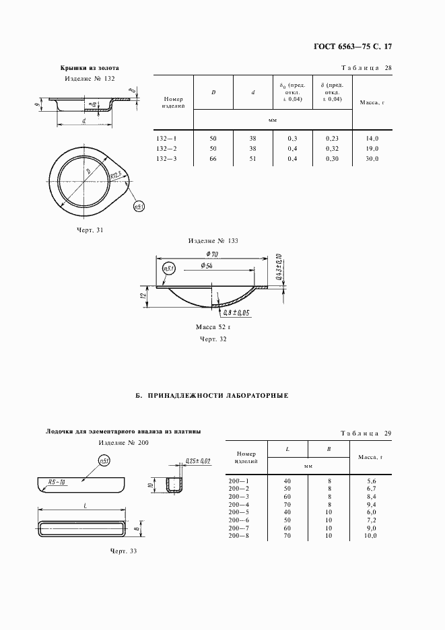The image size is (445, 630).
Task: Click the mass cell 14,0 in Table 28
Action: (372, 138)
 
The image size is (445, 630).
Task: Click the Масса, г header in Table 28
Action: (372, 103)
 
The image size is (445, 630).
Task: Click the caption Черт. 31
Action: (90, 230)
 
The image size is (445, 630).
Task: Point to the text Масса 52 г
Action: (213, 326)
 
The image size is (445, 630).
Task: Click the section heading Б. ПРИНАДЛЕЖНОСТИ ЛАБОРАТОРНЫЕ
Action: (212, 396)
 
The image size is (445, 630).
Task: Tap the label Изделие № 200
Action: (123, 442)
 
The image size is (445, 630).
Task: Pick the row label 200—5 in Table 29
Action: (239, 511)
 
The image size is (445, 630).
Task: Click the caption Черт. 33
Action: (123, 551)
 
